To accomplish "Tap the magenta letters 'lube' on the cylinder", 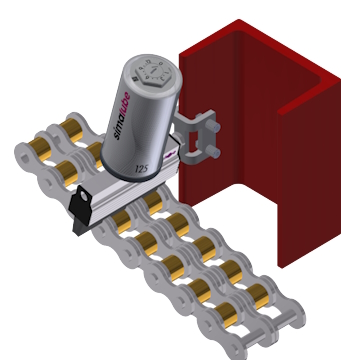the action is point(126,103).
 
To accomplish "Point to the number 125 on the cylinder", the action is point(142,169).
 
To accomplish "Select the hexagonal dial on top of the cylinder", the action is point(154,74).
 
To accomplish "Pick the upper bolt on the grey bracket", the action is point(212,126).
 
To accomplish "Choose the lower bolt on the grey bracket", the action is point(212,152).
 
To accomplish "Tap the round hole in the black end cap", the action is point(84,197).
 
